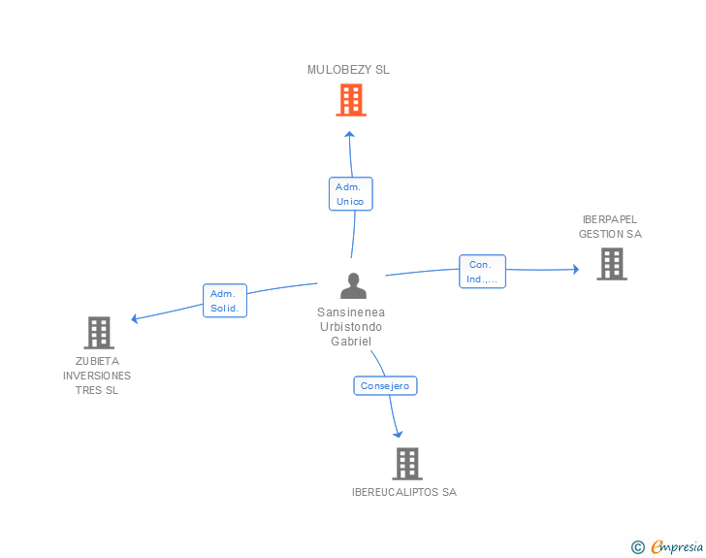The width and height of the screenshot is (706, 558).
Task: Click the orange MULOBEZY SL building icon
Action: [x=351, y=100]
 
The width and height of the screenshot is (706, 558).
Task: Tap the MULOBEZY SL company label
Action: [x=348, y=70]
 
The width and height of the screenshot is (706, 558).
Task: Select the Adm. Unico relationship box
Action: [x=351, y=194]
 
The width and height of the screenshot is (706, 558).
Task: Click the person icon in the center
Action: [x=353, y=285]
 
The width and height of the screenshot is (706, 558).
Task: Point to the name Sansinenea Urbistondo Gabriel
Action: [x=351, y=327]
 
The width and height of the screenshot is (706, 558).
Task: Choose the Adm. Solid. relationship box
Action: [x=225, y=301]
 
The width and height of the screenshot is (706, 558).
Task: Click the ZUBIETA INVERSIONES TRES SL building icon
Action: [x=99, y=333]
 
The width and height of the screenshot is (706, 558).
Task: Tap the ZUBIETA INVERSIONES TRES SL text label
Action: [x=97, y=376]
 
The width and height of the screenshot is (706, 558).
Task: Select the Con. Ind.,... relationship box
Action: [x=482, y=272]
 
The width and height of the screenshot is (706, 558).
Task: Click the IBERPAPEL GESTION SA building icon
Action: [x=612, y=264]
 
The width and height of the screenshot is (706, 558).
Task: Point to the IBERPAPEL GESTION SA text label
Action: [x=610, y=227]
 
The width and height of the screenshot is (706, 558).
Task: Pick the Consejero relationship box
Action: [x=385, y=386]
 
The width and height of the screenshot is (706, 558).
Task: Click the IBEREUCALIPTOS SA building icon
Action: [x=407, y=464]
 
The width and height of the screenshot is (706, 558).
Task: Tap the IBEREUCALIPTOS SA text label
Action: [x=404, y=492]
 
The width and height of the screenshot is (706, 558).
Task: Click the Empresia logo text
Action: [x=677, y=546]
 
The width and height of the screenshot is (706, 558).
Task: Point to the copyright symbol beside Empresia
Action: [x=637, y=547]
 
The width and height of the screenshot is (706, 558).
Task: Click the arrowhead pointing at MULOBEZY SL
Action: [x=349, y=134]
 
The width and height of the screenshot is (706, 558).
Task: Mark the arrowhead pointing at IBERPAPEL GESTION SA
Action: [x=576, y=270]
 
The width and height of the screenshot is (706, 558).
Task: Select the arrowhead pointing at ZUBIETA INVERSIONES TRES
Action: [x=134, y=318]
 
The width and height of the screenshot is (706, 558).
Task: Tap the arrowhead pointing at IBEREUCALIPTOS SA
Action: [x=398, y=435]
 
